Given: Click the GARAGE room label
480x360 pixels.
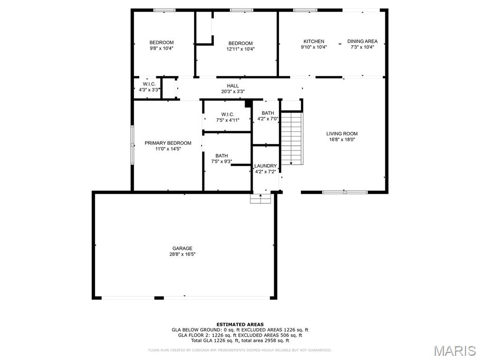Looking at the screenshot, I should tap(182, 248).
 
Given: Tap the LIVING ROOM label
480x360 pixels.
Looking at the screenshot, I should tap(342, 134).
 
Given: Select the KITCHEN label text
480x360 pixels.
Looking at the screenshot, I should tap(314, 41).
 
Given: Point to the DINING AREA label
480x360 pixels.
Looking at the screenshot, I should tap(362, 41).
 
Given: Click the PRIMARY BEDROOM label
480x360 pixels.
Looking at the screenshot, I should tap(168, 143).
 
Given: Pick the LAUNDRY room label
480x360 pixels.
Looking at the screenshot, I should tap(265, 166).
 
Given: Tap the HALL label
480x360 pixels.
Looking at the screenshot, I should tap(233, 86).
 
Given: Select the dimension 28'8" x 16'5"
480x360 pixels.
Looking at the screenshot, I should tap(182, 255).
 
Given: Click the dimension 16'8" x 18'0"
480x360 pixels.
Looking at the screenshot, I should tap(342, 140).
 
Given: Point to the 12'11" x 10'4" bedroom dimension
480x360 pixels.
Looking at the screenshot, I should tap(240, 49).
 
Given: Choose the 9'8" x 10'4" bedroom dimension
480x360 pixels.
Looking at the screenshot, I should tap(161, 48).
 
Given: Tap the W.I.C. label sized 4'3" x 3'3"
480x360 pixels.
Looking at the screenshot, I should tap(149, 84).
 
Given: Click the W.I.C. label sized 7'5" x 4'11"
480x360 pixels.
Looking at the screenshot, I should tap(228, 114).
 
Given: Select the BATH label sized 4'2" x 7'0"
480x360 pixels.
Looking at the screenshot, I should tap(268, 113).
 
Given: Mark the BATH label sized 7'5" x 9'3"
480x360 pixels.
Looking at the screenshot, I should tap(222, 156).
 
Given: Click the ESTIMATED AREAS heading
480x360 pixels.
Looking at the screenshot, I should tap(240, 324).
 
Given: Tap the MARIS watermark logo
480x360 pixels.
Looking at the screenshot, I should tap(454, 351).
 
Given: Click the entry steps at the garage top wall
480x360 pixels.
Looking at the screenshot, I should tap(261, 199).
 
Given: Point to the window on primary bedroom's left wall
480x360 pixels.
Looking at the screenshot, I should tap(132, 145).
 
